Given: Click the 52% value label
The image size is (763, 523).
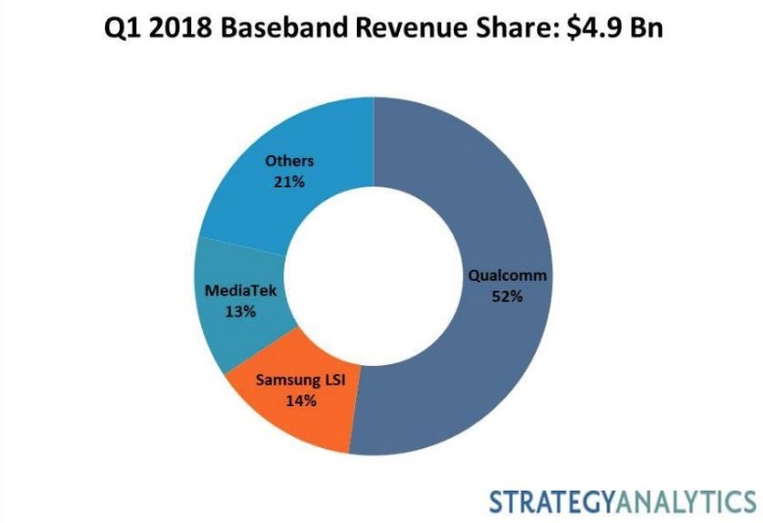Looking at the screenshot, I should pos(507,296).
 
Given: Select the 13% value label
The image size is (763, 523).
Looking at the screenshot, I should pos(240,311).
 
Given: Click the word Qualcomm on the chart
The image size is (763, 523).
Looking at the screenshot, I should pos(507,276).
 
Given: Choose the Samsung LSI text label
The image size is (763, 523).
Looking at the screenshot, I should pos(295,379).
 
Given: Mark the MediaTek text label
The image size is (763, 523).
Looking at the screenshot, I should pos(240,291).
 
